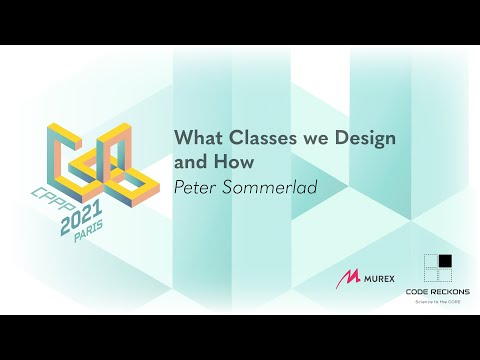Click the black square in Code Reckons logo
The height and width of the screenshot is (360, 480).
[445, 262]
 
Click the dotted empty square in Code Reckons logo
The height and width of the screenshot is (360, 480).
[429, 262]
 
